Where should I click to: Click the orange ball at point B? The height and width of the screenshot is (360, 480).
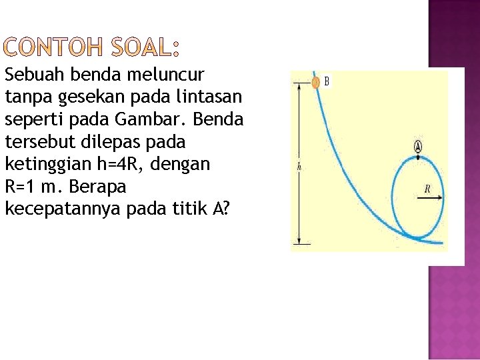(316, 83)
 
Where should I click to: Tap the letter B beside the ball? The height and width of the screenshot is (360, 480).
(327, 82)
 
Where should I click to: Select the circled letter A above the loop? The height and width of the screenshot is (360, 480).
(418, 147)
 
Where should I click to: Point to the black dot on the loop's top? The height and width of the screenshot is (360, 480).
(418, 157)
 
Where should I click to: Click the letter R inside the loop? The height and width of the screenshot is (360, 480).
(427, 189)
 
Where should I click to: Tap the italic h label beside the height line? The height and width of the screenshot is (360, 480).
(299, 167)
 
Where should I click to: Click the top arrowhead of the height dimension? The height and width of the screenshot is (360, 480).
(299, 87)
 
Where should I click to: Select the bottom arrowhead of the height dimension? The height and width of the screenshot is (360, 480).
(299, 241)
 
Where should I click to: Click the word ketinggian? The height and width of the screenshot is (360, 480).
(41, 164)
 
